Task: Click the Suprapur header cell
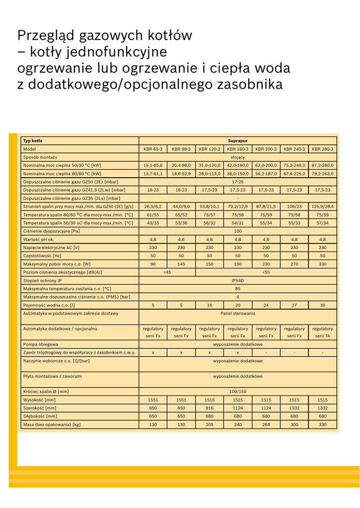(x=237, y=141)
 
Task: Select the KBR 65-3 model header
(x=153, y=149)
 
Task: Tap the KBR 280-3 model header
(x=323, y=149)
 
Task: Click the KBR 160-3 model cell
(x=238, y=149)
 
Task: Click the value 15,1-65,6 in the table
(x=153, y=165)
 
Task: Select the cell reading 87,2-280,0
(x=323, y=165)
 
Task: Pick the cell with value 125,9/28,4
(x=323, y=206)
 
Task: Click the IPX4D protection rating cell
(x=238, y=280)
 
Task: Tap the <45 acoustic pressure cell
(x=167, y=272)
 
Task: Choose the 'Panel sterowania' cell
(x=238, y=313)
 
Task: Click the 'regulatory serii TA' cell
(x=323, y=332)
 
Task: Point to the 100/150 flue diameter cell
(x=238, y=391)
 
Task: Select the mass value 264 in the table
(x=266, y=424)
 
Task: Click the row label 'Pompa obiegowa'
(x=41, y=344)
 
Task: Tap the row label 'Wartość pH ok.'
(x=39, y=239)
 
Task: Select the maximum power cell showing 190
(x=238, y=264)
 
